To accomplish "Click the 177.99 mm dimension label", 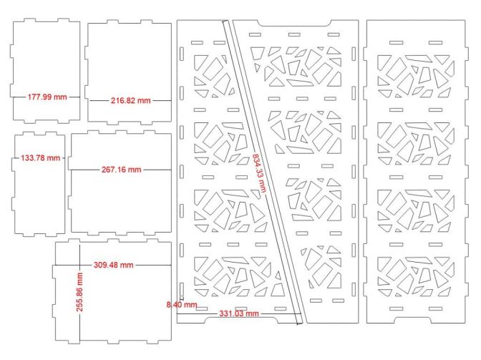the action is point(47,97).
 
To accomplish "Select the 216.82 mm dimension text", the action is point(131,100).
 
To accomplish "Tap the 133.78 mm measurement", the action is point(41,158).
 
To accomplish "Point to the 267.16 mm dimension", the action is point(122,170).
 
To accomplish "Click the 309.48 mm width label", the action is point(114,265).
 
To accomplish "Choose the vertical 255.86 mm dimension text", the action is point(79,292).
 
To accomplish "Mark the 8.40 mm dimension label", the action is point(182,304).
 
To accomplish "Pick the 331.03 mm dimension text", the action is point(239,313).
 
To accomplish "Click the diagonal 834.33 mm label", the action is point(260,173).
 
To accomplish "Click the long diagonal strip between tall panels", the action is point(263,172).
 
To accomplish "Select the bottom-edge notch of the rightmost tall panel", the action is point(415,320).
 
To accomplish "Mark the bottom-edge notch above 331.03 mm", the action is point(240,320).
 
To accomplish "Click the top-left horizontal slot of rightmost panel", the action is point(396,43).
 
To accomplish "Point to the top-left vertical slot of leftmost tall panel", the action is point(182,54).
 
